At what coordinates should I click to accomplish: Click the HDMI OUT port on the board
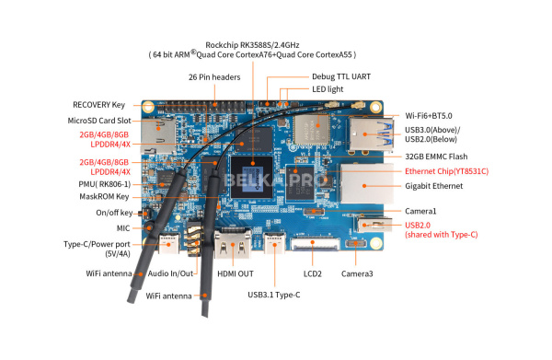coord(233,245)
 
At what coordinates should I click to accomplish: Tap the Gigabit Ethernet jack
coord(366,183)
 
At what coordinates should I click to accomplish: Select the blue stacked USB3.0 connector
coord(371,134)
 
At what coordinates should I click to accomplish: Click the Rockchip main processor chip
coord(252,177)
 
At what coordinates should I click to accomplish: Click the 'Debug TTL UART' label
coord(341,76)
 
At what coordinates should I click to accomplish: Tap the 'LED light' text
coord(328,89)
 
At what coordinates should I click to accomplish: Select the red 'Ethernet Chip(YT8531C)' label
coord(447,171)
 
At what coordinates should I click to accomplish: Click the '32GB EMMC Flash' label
coord(436,157)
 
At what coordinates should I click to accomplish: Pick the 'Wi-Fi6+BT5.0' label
coord(429,115)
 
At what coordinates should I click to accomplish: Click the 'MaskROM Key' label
coord(104,196)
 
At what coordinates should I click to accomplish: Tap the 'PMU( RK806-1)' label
coord(105,184)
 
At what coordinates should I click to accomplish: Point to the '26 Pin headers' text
coord(214,76)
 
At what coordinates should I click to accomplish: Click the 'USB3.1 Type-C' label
coord(274,295)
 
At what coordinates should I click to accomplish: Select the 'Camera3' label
coord(357,273)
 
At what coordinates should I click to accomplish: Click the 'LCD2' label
coord(313,273)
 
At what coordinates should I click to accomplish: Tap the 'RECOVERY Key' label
coord(99,105)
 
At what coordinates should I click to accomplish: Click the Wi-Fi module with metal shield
coord(312,130)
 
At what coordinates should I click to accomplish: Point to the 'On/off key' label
coord(114,213)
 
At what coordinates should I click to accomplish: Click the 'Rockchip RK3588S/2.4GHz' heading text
coord(252,45)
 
